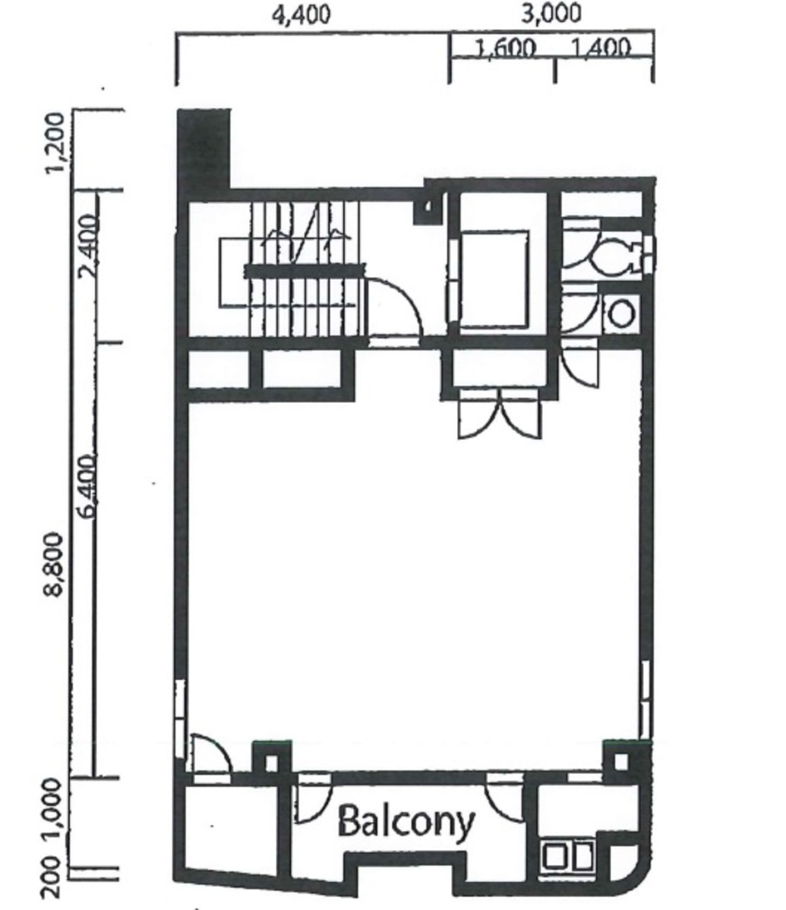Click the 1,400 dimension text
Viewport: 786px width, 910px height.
[x=599, y=49]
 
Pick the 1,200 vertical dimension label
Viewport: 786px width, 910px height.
[x=55, y=143]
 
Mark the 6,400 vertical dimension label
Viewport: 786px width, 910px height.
[x=89, y=486]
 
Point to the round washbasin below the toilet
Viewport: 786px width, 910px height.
[x=622, y=313]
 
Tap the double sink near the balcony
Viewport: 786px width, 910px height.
[x=568, y=856]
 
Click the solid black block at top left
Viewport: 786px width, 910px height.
[x=204, y=148]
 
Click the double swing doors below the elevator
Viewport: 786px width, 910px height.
[x=500, y=414]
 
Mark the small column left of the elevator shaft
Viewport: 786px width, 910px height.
[x=428, y=206]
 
